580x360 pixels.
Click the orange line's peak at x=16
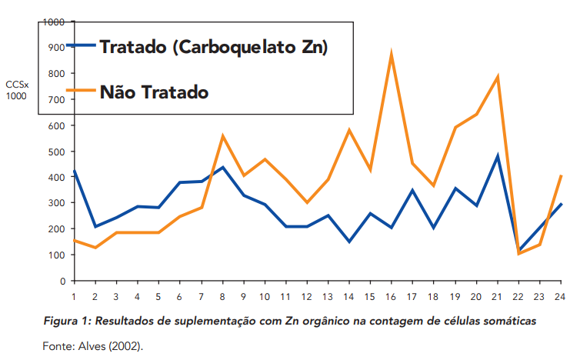(392, 54)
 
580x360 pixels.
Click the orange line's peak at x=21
(498, 76)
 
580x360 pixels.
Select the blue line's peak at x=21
(498, 156)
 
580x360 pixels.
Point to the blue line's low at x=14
(349, 242)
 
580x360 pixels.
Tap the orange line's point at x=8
(222, 136)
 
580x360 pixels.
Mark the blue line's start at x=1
(74, 171)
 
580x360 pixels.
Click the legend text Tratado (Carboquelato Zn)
(214, 47)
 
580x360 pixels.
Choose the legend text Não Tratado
(154, 92)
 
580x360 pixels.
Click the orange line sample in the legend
(80, 91)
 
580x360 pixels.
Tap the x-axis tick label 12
(307, 296)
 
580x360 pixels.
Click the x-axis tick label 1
(74, 296)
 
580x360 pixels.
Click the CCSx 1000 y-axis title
(16, 89)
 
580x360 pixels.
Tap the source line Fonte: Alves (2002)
(92, 345)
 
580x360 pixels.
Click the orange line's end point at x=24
(562, 175)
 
